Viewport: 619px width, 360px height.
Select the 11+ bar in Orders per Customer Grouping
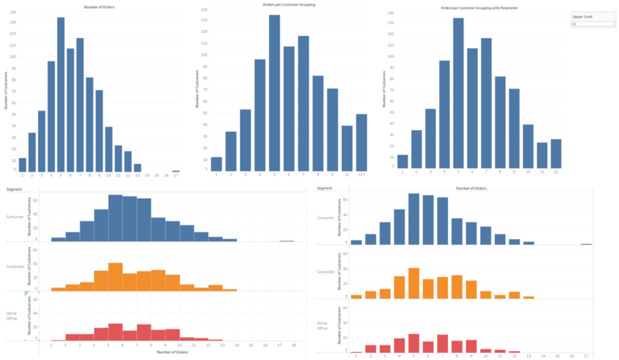(361, 142)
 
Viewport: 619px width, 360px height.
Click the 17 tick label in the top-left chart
(175, 176)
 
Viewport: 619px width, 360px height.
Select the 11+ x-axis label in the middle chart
(361, 175)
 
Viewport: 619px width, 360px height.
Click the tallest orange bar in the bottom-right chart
(414, 283)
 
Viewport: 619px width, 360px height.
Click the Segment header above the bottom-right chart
(325, 188)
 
